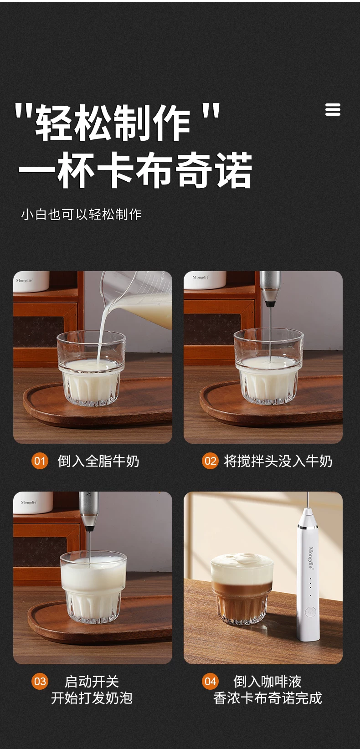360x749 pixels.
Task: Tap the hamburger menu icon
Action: (x=333, y=110)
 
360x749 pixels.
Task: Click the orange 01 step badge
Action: (x=40, y=461)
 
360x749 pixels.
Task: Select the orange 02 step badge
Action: (x=210, y=461)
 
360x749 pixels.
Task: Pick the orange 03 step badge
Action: (x=40, y=682)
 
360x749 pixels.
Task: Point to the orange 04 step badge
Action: (x=210, y=682)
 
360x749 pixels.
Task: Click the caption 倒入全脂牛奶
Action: (x=98, y=461)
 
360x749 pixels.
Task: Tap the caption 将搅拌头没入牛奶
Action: (x=278, y=461)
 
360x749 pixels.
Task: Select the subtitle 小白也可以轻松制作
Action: (x=82, y=214)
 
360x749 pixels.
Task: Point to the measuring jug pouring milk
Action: (x=140, y=298)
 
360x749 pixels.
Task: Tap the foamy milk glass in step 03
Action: (x=94, y=587)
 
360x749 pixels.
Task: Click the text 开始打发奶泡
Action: (x=92, y=698)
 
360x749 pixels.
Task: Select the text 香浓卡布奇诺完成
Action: (x=267, y=698)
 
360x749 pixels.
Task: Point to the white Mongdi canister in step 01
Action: (x=31, y=281)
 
